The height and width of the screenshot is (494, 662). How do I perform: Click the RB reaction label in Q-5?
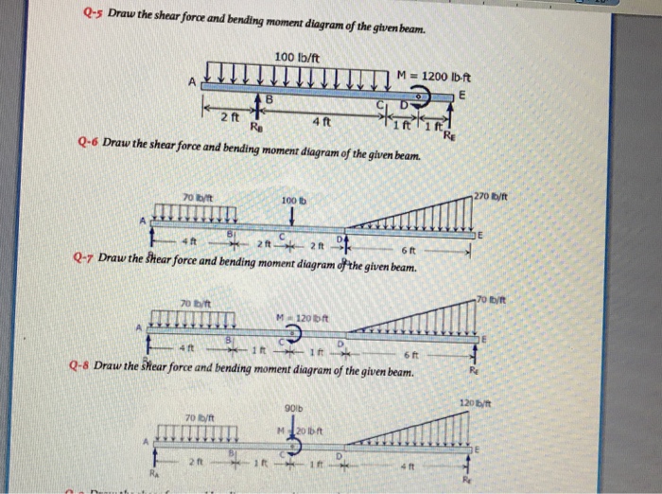click(x=255, y=126)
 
